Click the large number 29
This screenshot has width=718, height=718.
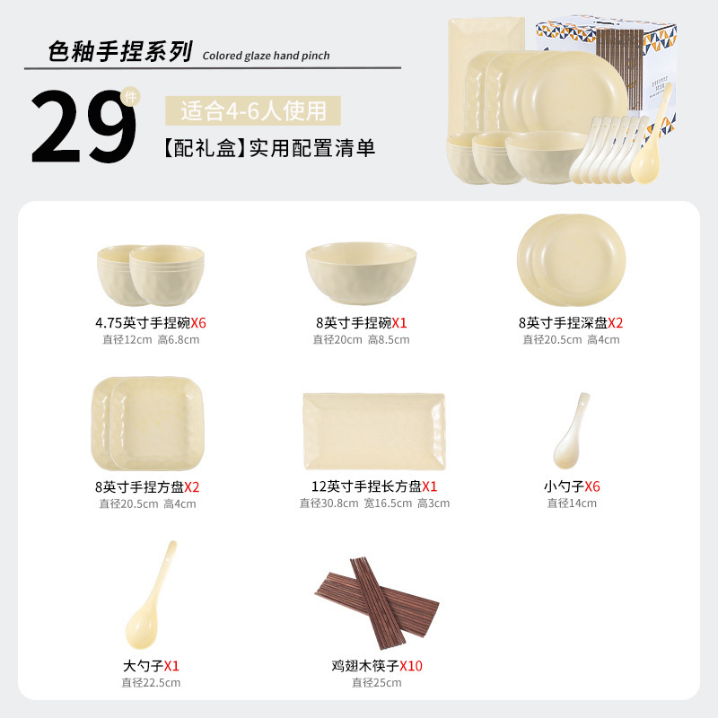tap(83, 126)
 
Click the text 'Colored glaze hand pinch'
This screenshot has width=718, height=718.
tap(266, 56)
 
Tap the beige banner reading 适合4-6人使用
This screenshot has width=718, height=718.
tap(253, 110)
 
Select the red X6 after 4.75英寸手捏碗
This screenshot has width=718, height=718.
tap(198, 323)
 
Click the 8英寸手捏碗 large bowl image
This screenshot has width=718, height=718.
tap(361, 273)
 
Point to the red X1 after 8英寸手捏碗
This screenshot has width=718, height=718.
tap(399, 323)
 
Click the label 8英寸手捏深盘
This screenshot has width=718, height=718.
tap(563, 323)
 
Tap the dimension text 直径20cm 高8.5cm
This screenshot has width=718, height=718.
tap(361, 340)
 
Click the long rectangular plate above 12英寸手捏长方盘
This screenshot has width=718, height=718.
tap(374, 432)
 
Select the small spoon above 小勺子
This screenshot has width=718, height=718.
tap(571, 432)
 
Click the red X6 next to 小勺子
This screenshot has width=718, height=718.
tap(592, 486)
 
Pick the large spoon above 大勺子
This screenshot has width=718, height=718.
tap(150, 595)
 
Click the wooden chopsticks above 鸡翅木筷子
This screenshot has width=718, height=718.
tap(377, 600)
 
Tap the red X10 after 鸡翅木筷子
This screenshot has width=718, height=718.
tap(411, 666)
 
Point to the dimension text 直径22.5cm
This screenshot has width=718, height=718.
tap(151, 683)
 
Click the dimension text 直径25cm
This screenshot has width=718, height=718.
tap(376, 683)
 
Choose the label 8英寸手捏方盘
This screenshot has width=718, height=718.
tap(139, 487)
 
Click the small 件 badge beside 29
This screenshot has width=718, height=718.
tap(130, 97)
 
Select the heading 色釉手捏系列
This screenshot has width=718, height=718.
tap(120, 51)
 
